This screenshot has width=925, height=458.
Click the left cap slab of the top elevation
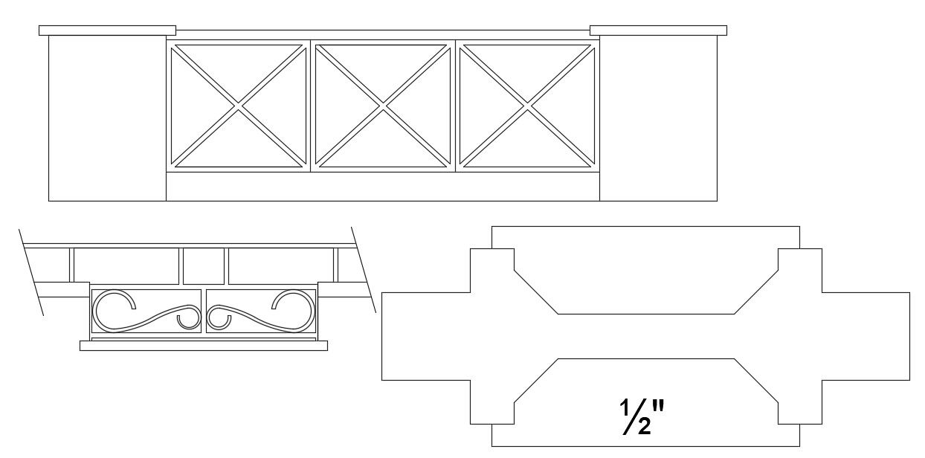pos(107,30)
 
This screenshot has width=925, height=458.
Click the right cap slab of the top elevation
pos(658,30)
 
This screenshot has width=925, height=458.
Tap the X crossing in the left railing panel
pos(238,106)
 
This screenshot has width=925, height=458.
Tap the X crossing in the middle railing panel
pos(383,106)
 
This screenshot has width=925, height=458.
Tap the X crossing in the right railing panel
pos(527,106)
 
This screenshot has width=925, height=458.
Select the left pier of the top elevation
pos(107,118)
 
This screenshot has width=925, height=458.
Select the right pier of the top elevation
pos(658,118)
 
